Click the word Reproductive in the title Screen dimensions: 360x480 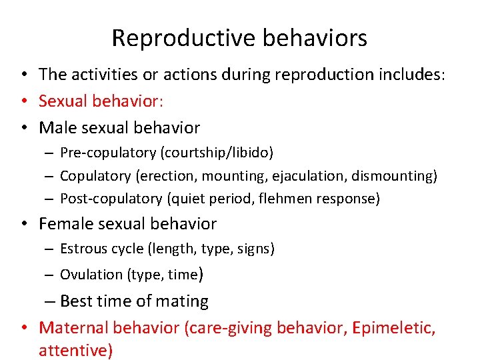tap(175, 38)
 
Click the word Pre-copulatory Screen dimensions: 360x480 tap(108, 153)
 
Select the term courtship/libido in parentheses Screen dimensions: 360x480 tap(216, 153)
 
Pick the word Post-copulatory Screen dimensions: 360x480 tap(111, 198)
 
